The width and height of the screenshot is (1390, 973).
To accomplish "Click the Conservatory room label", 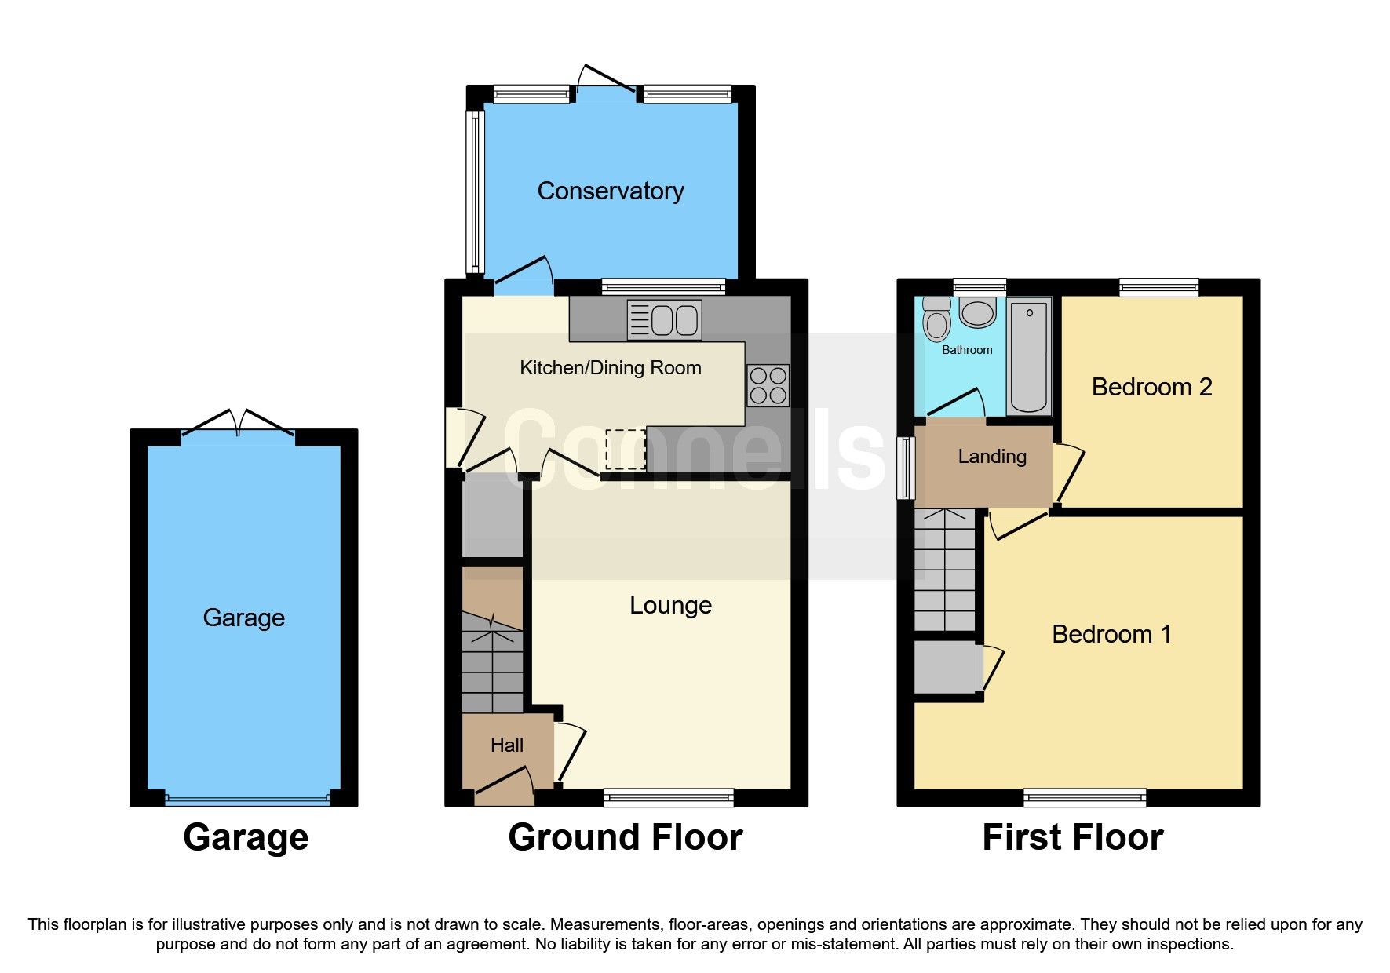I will [610, 191].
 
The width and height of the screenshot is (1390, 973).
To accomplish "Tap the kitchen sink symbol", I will [664, 320].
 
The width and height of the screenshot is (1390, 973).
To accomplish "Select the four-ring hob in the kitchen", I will [768, 385].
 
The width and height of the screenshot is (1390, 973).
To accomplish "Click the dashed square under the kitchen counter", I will [626, 449].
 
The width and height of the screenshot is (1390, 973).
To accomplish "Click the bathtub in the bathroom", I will [1029, 357].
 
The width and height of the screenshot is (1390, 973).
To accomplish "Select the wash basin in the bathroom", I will [978, 312].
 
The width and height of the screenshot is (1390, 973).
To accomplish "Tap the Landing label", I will [991, 456].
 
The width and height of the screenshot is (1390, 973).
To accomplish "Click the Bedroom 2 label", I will [1151, 387].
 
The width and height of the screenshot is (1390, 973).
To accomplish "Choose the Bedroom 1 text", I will [1111, 634].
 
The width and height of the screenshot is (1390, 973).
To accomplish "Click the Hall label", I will [506, 745].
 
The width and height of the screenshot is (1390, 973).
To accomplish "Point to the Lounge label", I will [670, 605].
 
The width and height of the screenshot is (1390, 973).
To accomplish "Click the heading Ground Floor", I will [625, 837].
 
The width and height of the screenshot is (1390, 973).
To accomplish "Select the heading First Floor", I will [1072, 837].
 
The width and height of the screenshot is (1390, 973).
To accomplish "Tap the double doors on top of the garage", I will [238, 421].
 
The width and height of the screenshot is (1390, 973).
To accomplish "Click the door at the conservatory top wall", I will [606, 80].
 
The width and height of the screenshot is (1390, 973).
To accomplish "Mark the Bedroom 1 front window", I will [1085, 798].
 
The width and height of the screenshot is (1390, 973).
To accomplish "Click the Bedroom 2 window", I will [1158, 288].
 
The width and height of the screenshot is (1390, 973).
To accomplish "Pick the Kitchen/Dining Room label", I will [610, 368].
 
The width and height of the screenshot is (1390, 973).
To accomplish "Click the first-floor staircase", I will [945, 570].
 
